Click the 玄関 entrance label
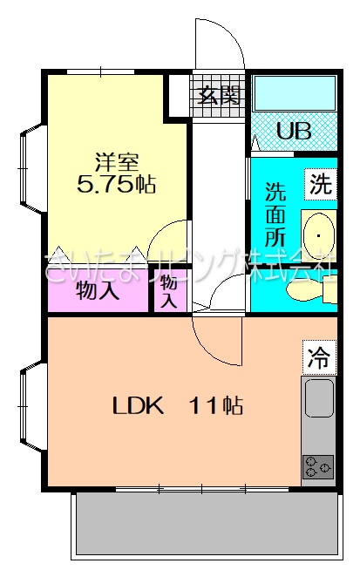pos(219,96)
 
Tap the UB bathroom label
pos(294,130)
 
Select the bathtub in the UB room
pos(295,93)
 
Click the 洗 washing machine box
pos(320,184)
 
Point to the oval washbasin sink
pos(319,235)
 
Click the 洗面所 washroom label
pos(275,214)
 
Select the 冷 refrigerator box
pos(320,357)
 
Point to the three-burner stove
pos(318,466)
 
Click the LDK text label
pos(138,406)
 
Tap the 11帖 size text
pos(215,406)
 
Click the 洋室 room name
pos(117,162)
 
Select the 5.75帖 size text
pos(116,184)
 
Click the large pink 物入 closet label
pos(98,291)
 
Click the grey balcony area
pos(207,523)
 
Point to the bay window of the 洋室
pos(33,168)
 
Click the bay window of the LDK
pos(33,406)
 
